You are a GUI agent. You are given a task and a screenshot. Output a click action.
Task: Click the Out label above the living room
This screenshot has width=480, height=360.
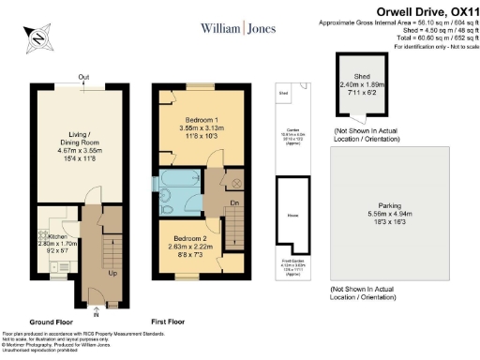pos(84,78)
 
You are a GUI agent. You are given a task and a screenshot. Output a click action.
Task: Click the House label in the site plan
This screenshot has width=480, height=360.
pos(292,215)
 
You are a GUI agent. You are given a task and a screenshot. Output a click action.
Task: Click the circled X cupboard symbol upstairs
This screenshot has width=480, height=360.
pos(236,182)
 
